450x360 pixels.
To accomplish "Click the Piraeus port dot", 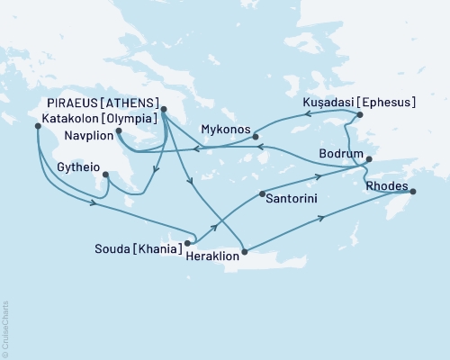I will click(163, 111).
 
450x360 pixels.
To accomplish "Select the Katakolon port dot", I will click(37, 126).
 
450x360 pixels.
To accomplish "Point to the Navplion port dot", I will click(119, 130).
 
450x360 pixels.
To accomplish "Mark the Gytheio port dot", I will click(106, 174).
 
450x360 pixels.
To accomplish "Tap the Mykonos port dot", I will click(256, 137).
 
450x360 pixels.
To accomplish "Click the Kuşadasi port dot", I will click(359, 115).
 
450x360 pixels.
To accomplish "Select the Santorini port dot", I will click(261, 194).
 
